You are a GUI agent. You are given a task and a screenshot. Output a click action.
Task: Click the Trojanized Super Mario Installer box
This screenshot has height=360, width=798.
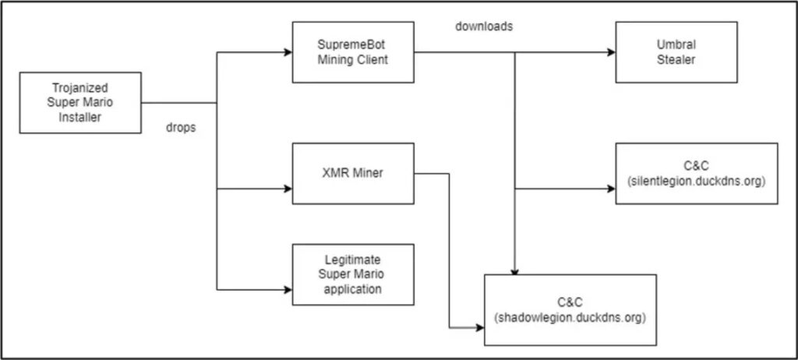click(80, 103)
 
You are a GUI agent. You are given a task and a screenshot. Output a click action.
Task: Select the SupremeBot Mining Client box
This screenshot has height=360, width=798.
click(353, 52)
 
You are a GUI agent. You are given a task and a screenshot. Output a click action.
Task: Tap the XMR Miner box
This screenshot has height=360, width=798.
click(353, 174)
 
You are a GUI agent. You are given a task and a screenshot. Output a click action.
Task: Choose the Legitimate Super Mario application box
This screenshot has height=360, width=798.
click(353, 275)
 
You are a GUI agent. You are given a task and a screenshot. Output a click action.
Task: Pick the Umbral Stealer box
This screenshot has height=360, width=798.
click(676, 52)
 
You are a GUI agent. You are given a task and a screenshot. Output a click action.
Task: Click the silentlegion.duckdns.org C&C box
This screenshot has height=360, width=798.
click(697, 174)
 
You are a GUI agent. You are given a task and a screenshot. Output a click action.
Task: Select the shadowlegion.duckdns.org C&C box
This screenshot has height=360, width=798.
click(570, 310)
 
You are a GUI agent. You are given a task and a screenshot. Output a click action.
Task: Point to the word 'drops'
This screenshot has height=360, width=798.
click(181, 129)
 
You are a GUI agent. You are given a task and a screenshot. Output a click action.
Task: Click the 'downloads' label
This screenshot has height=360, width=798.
click(484, 27)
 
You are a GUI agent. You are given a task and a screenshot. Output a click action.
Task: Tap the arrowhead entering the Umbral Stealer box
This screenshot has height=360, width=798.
click(612, 52)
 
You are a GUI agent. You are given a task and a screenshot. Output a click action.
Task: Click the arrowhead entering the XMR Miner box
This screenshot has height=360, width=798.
click(288, 189)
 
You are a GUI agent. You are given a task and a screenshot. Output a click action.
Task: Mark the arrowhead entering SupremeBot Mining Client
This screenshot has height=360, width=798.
click(288, 52)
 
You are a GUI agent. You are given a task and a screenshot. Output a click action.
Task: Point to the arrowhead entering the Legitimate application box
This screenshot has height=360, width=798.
click(288, 290)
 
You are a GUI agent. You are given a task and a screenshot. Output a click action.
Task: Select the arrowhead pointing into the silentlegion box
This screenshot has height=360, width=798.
click(612, 189)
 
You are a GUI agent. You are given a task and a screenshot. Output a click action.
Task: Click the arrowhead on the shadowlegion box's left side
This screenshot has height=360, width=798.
click(480, 328)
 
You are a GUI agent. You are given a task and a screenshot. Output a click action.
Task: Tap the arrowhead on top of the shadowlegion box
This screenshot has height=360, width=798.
click(514, 271)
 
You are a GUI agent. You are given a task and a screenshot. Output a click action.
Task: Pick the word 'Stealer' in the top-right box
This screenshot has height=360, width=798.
click(676, 60)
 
